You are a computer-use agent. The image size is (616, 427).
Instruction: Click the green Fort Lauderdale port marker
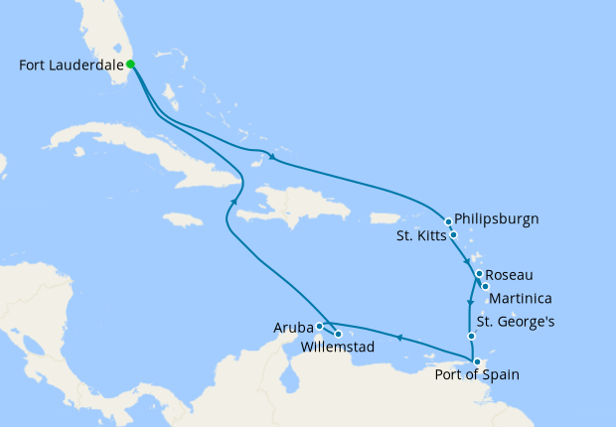click(x=131, y=65)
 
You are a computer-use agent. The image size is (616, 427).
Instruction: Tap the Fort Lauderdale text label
click(x=72, y=66)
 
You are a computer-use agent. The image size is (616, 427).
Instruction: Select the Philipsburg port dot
click(x=449, y=221)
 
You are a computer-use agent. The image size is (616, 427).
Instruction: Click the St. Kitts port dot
click(x=454, y=235)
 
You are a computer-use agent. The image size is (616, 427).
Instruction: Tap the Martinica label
click(x=522, y=298)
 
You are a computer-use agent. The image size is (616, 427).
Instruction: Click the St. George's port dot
click(x=472, y=337)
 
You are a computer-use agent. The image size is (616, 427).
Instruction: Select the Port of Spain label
click(x=476, y=374)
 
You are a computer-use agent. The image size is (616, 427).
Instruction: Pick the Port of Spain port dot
click(x=478, y=362)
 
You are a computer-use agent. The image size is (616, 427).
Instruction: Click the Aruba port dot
click(x=320, y=326)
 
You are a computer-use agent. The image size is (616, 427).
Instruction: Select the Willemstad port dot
click(x=338, y=334)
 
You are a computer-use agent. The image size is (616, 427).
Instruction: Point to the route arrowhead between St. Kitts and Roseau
click(x=467, y=257)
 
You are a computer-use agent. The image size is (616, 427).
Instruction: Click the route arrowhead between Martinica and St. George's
click(x=470, y=302)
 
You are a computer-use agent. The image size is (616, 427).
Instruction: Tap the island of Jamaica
click(x=181, y=218)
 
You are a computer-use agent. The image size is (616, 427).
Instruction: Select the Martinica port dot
click(x=485, y=286)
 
